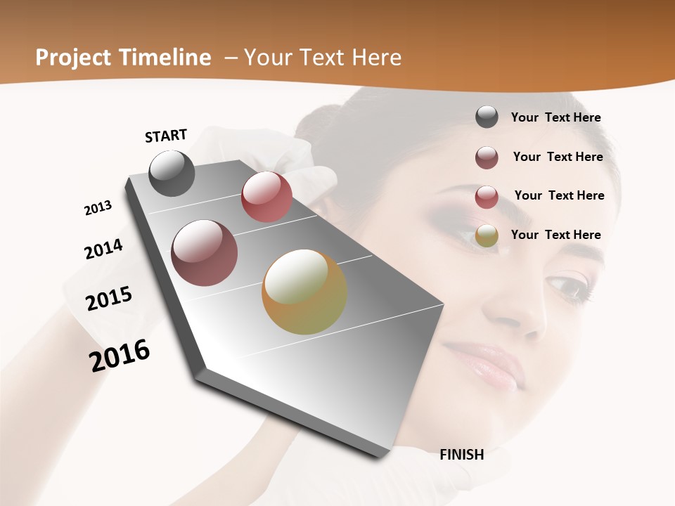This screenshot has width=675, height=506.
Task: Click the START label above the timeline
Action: click(x=166, y=136)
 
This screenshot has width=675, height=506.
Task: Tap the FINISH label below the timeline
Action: click(x=462, y=455)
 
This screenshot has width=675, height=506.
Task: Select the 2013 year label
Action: click(x=98, y=208)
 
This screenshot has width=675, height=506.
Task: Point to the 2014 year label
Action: click(x=103, y=249)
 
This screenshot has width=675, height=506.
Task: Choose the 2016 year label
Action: click(x=120, y=356)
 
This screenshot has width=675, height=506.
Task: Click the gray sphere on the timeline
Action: click(x=172, y=173)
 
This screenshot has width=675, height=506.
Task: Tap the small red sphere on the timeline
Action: click(x=266, y=197)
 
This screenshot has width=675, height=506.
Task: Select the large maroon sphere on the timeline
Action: click(x=205, y=253)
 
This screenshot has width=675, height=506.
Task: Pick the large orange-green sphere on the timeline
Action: click(x=304, y=292)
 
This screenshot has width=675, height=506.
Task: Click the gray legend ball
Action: click(x=487, y=117)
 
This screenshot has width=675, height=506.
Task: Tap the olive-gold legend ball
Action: click(x=487, y=236)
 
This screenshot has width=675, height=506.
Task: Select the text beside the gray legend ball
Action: click(x=555, y=117)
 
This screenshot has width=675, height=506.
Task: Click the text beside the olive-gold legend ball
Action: click(x=555, y=235)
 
